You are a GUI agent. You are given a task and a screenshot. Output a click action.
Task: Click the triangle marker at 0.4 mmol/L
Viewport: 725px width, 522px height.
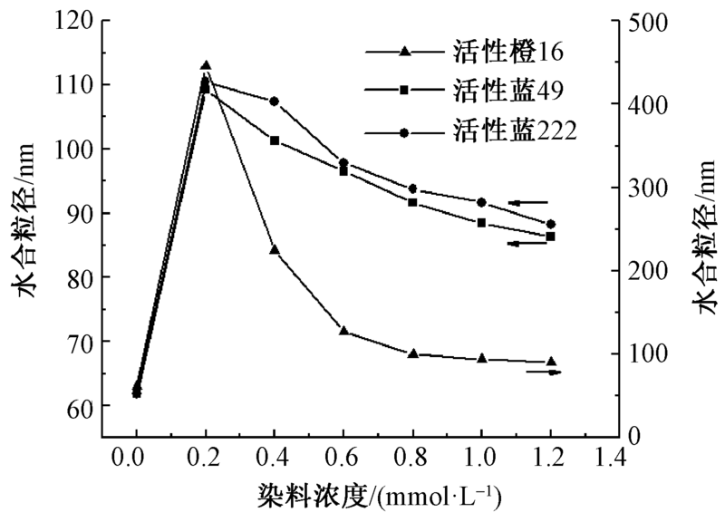(275, 249)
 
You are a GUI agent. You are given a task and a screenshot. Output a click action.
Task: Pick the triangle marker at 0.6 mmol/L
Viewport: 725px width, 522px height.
(343, 331)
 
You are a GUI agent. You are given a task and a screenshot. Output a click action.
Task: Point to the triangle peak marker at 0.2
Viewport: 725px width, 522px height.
(206, 66)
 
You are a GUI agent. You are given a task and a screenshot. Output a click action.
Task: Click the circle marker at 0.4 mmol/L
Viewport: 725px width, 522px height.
(275, 101)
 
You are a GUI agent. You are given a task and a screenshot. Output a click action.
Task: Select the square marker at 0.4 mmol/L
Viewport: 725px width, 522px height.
(275, 140)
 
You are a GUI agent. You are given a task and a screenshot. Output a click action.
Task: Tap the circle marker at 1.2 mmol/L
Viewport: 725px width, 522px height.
(550, 224)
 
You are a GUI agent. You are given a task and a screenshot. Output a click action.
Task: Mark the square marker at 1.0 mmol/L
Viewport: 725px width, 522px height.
(481, 223)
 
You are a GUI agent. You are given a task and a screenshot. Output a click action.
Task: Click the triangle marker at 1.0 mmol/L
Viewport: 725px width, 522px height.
(481, 358)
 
